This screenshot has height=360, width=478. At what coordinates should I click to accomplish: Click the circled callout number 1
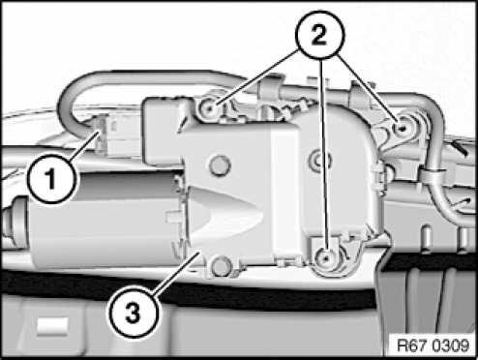point(51,178)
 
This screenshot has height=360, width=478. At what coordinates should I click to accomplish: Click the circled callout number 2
point(320,35)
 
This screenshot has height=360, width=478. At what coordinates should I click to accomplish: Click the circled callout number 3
point(133,313)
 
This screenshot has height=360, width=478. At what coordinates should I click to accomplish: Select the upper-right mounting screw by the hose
point(402,129)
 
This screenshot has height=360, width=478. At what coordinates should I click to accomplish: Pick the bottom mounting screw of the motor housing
point(326,257)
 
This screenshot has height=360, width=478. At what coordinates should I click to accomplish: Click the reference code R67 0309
point(433,345)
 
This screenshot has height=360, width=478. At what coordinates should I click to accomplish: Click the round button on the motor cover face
point(220,165)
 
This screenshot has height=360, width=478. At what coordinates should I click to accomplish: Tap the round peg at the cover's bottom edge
point(220,265)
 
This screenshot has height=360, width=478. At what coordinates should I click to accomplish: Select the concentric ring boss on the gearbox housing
point(319,160)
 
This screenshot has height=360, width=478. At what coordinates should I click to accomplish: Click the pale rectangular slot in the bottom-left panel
point(52,326)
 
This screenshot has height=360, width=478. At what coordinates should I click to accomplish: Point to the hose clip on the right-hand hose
point(432,176)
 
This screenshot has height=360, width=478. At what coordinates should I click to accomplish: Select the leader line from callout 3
point(175,272)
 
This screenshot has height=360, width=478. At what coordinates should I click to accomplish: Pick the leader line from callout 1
point(83,147)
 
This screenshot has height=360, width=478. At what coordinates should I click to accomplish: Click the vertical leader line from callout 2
point(324,156)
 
